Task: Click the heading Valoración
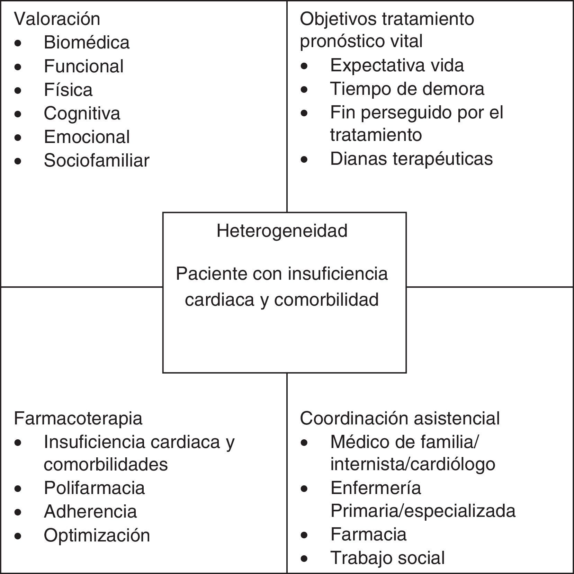coord(57,19)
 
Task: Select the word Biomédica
coord(87,43)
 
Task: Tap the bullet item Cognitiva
coord(82,114)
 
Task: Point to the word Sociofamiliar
coord(97,161)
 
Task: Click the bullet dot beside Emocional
coord(18,137)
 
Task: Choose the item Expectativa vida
coord(397,65)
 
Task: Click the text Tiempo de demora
coord(407,89)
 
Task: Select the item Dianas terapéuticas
coord(411,159)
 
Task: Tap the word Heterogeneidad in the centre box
coord(282,231)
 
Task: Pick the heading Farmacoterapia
coord(78,418)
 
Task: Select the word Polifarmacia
coord(94,488)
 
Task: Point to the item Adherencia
coord(90,512)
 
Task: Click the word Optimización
coord(97,535)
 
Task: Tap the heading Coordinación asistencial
coord(400,418)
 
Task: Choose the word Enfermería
coord(376,488)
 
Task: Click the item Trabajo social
coord(387,558)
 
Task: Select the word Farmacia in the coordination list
coord(368,534)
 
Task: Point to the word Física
coord(68,90)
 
